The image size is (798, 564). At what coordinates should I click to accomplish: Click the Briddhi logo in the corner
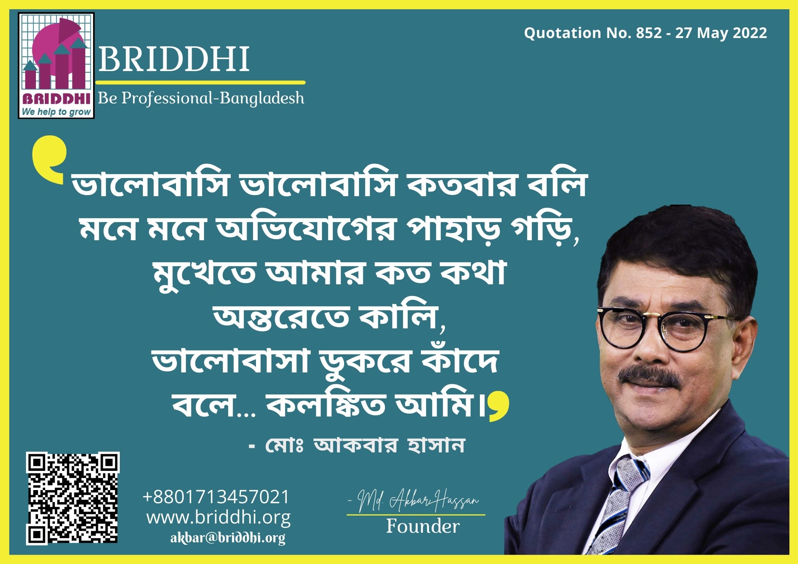click(x=56, y=66)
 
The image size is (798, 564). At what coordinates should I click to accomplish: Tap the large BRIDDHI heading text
click(x=174, y=61)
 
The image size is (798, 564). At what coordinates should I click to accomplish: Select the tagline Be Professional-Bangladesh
click(x=201, y=98)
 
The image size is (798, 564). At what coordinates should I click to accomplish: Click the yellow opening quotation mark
click(x=50, y=160)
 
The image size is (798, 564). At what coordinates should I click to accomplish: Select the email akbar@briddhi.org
click(x=228, y=538)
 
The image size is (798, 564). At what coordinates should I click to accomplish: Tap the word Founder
click(x=423, y=526)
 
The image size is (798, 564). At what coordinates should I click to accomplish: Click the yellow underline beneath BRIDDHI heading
click(x=201, y=82)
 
